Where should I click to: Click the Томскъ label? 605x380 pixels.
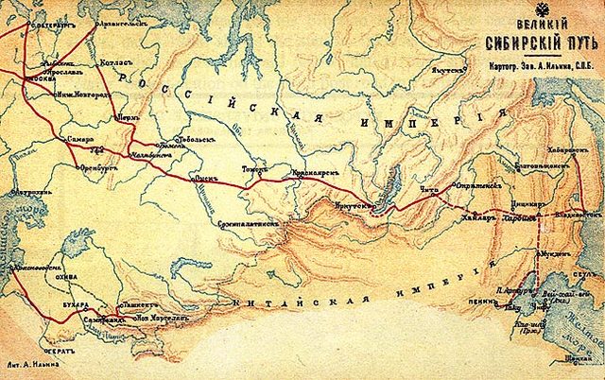[x=256, y=171]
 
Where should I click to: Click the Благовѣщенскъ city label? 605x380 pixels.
[x=545, y=164]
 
